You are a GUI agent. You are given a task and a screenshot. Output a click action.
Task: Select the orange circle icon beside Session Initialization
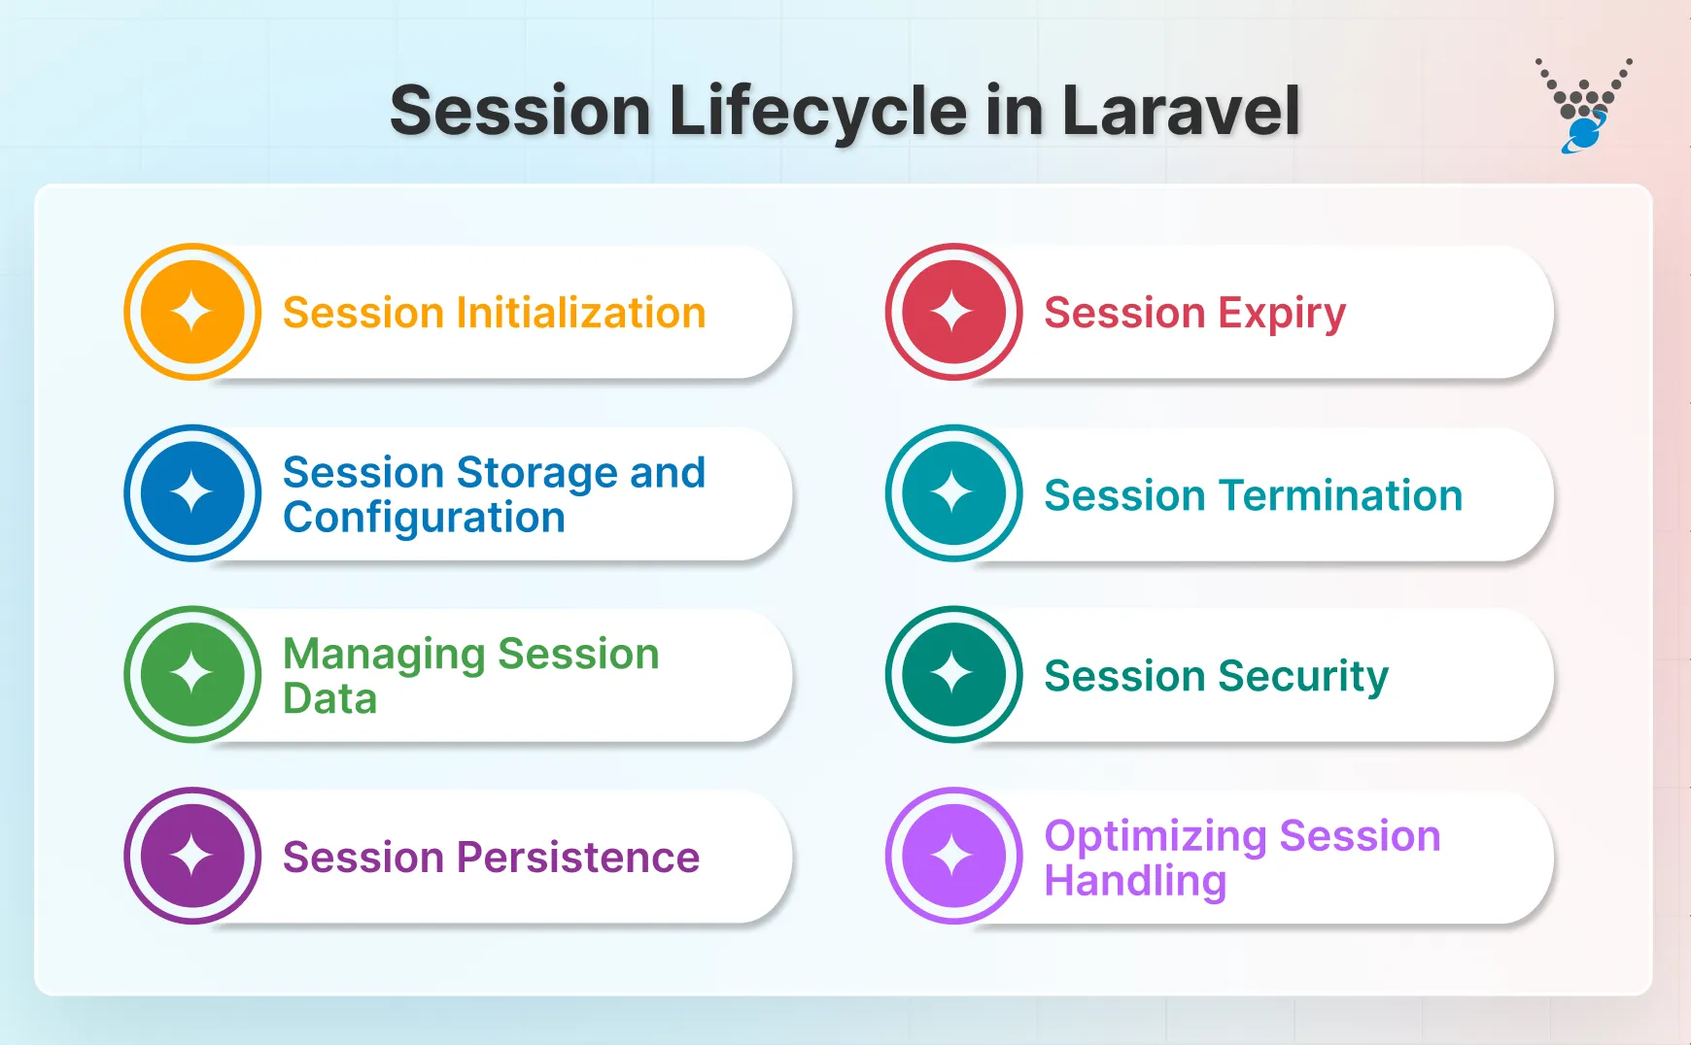(x=192, y=312)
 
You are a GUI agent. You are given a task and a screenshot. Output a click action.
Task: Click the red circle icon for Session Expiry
(x=953, y=312)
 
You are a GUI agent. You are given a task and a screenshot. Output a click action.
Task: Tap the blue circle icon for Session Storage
(x=192, y=493)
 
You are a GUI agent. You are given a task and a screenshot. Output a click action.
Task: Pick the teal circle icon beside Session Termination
(x=953, y=493)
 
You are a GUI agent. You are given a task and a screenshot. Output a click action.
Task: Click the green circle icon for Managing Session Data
(x=192, y=674)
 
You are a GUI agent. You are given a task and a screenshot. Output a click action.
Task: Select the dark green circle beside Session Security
(x=953, y=674)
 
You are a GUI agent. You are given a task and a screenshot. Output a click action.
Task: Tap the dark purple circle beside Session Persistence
(x=192, y=856)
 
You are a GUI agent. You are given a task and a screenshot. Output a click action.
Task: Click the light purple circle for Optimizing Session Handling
(x=953, y=856)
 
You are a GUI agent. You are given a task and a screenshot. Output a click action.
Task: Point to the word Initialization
(x=581, y=313)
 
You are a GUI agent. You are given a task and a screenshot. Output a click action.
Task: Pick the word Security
(x=1303, y=677)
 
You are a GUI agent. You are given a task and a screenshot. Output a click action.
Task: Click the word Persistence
(x=578, y=858)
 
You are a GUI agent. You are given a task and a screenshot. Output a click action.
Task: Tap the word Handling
(x=1135, y=882)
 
